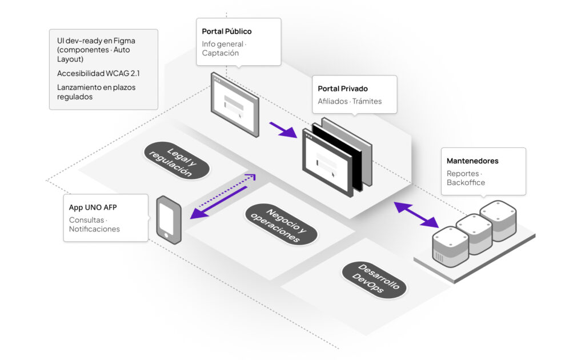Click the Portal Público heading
[227, 31]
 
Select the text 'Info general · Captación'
[224, 49]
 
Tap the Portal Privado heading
[343, 89]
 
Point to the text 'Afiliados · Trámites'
[350, 102]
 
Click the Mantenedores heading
[472, 161]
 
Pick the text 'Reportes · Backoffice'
[466, 178]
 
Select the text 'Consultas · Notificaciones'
[94, 225]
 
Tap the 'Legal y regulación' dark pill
[177, 161]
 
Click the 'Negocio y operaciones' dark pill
[281, 224]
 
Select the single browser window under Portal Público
[234, 104]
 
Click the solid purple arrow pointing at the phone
[217, 203]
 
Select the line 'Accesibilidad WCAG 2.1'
[98, 74]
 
